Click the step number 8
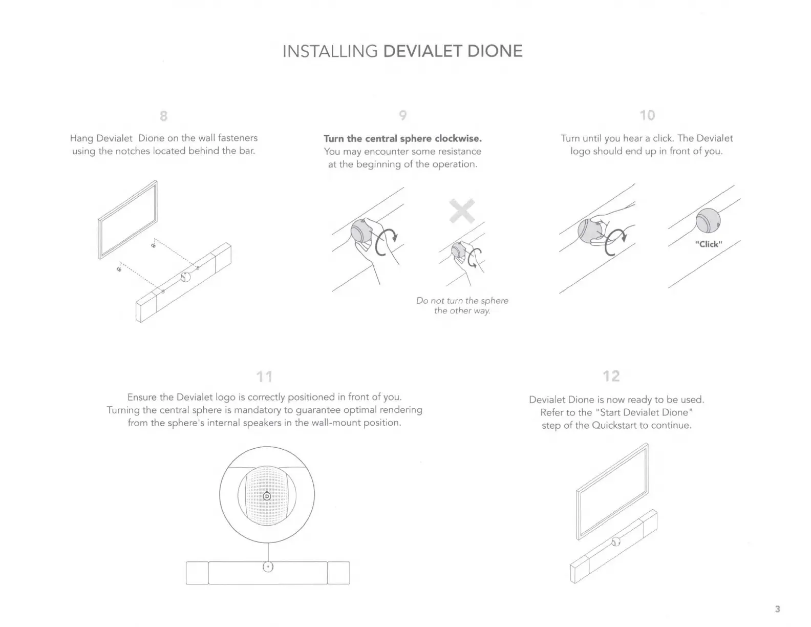coord(163,116)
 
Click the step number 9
coord(403,115)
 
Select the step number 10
coord(647,115)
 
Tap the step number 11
coord(264,377)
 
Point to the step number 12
coord(611,377)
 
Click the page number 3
coord(778,609)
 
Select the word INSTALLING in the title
coord(330,51)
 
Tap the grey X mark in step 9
coord(462,211)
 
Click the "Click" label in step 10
coord(709,244)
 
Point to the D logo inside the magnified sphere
coord(267,496)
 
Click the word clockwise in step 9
coord(458,139)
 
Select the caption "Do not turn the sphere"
coord(462,301)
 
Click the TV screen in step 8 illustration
coord(127,219)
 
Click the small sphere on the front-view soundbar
coord(268,567)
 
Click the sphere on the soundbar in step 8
coord(185,278)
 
